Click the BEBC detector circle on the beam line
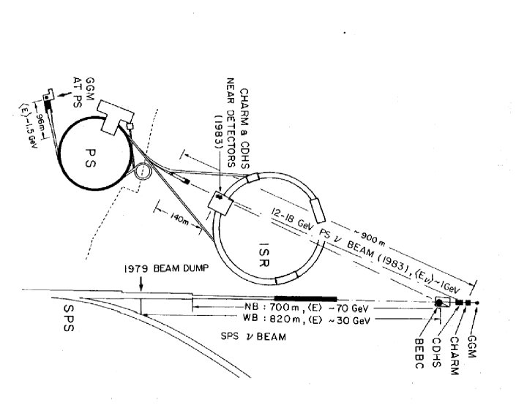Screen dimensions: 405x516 click(440, 303)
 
